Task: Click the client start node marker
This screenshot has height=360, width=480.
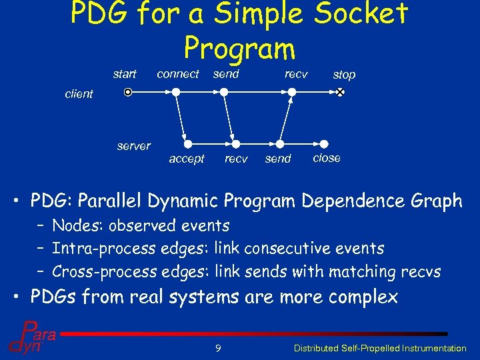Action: pyautogui.click(x=129, y=93)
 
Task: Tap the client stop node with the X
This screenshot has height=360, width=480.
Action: pyautogui.click(x=339, y=93)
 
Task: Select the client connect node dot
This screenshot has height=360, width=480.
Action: pyautogui.click(x=176, y=93)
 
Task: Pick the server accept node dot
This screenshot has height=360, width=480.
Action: pyautogui.click(x=188, y=143)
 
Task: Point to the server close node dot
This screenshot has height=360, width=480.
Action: pyautogui.click(x=324, y=143)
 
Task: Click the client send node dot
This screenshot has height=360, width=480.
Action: pyautogui.click(x=225, y=93)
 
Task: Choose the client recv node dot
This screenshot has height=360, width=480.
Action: pyautogui.click(x=291, y=93)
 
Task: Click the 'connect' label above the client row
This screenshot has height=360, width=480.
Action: pyautogui.click(x=178, y=74)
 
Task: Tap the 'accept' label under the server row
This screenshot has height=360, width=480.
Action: pyautogui.click(x=187, y=159)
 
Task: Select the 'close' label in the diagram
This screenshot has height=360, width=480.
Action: pyautogui.click(x=327, y=158)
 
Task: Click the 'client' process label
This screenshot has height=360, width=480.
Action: pyautogui.click(x=79, y=94)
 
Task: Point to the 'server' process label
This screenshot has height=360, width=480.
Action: pyautogui.click(x=133, y=146)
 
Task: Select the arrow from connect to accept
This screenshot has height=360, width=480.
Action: pyautogui.click(x=182, y=118)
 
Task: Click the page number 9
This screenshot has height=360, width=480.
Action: pyautogui.click(x=218, y=347)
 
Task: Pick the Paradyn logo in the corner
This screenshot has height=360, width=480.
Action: pyautogui.click(x=31, y=336)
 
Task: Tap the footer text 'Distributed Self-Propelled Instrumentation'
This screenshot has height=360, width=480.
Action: pyautogui.click(x=380, y=348)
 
